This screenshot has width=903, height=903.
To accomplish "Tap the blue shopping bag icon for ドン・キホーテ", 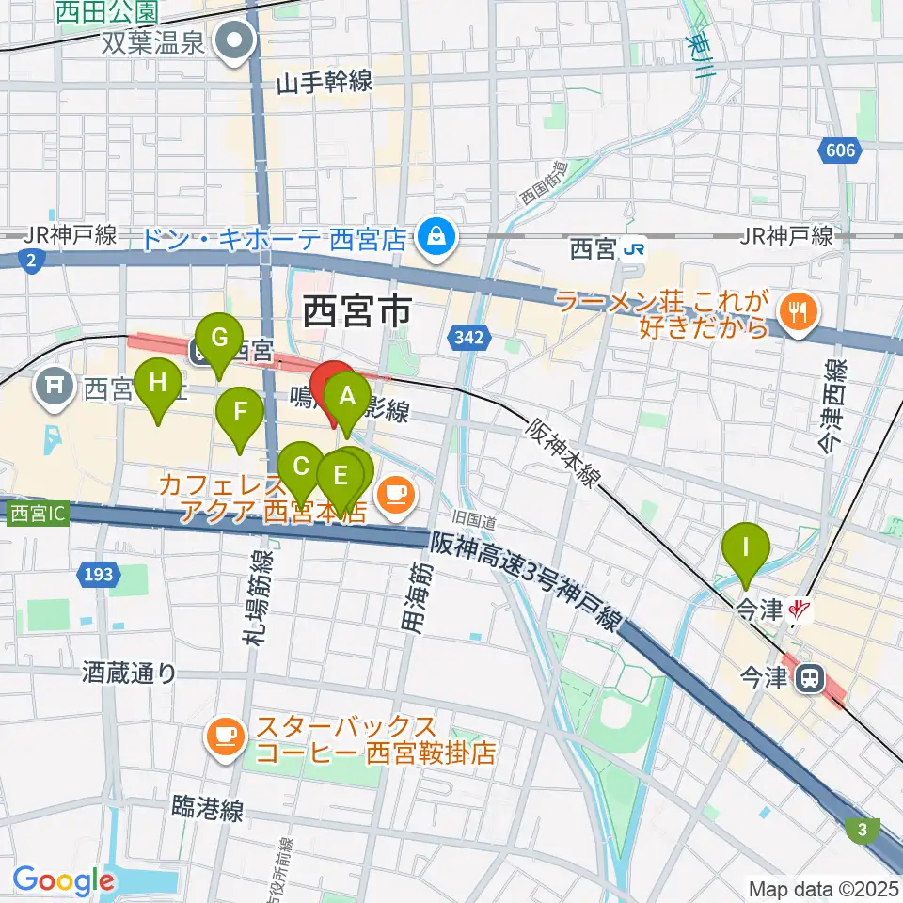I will point(436,235).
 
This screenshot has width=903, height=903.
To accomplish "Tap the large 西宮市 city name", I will point(357,311).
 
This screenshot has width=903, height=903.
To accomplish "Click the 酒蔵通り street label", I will point(129,673).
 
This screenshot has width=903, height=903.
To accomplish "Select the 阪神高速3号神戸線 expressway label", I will point(527,580).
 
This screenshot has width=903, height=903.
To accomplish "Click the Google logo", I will point(63,880).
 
